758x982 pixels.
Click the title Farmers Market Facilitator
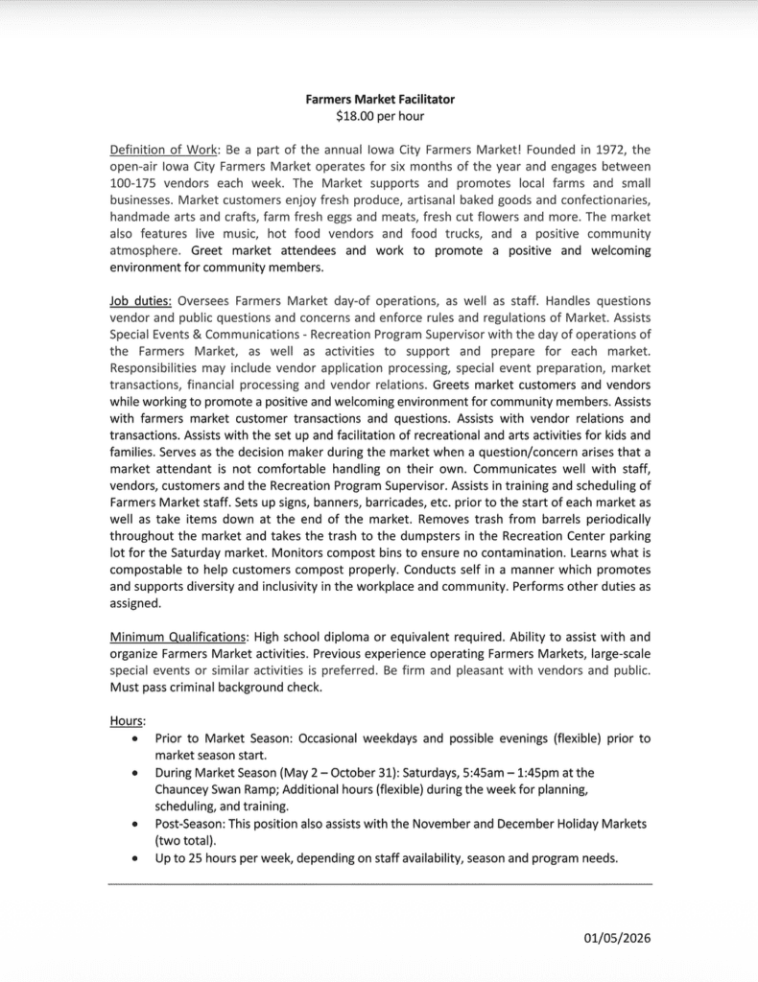tap(379, 99)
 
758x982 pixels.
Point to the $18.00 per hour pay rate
tap(379, 116)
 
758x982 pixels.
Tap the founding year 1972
tap(580, 150)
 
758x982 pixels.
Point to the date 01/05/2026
tap(617, 937)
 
